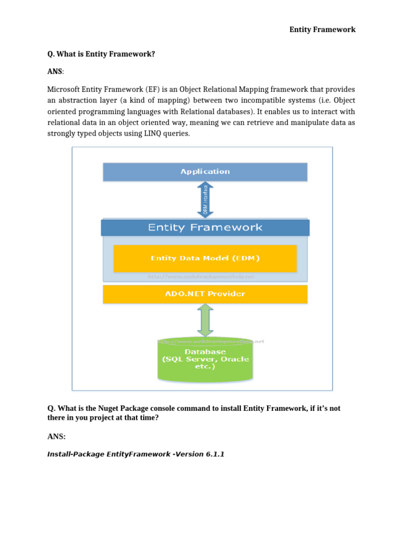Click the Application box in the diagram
click(205, 172)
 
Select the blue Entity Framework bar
click(205, 227)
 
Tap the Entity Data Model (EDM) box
click(205, 258)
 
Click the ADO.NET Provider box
click(205, 294)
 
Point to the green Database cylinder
click(205, 360)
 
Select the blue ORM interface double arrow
click(205, 200)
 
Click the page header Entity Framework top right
click(322, 29)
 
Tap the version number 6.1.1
click(213, 454)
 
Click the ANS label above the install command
click(56, 437)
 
